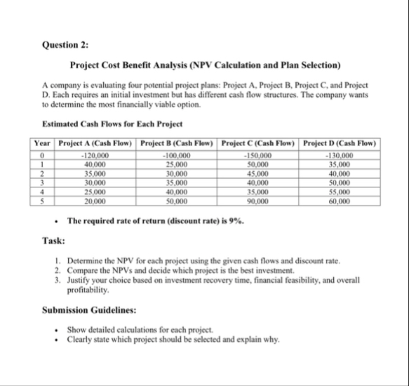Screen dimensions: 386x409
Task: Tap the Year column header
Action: coord(44,145)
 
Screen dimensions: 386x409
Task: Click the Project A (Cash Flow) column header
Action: coord(95,145)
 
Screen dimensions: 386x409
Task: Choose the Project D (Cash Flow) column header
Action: coord(340,145)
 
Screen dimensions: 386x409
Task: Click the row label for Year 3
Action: coord(44,182)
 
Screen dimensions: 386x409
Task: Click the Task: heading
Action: coord(55,241)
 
